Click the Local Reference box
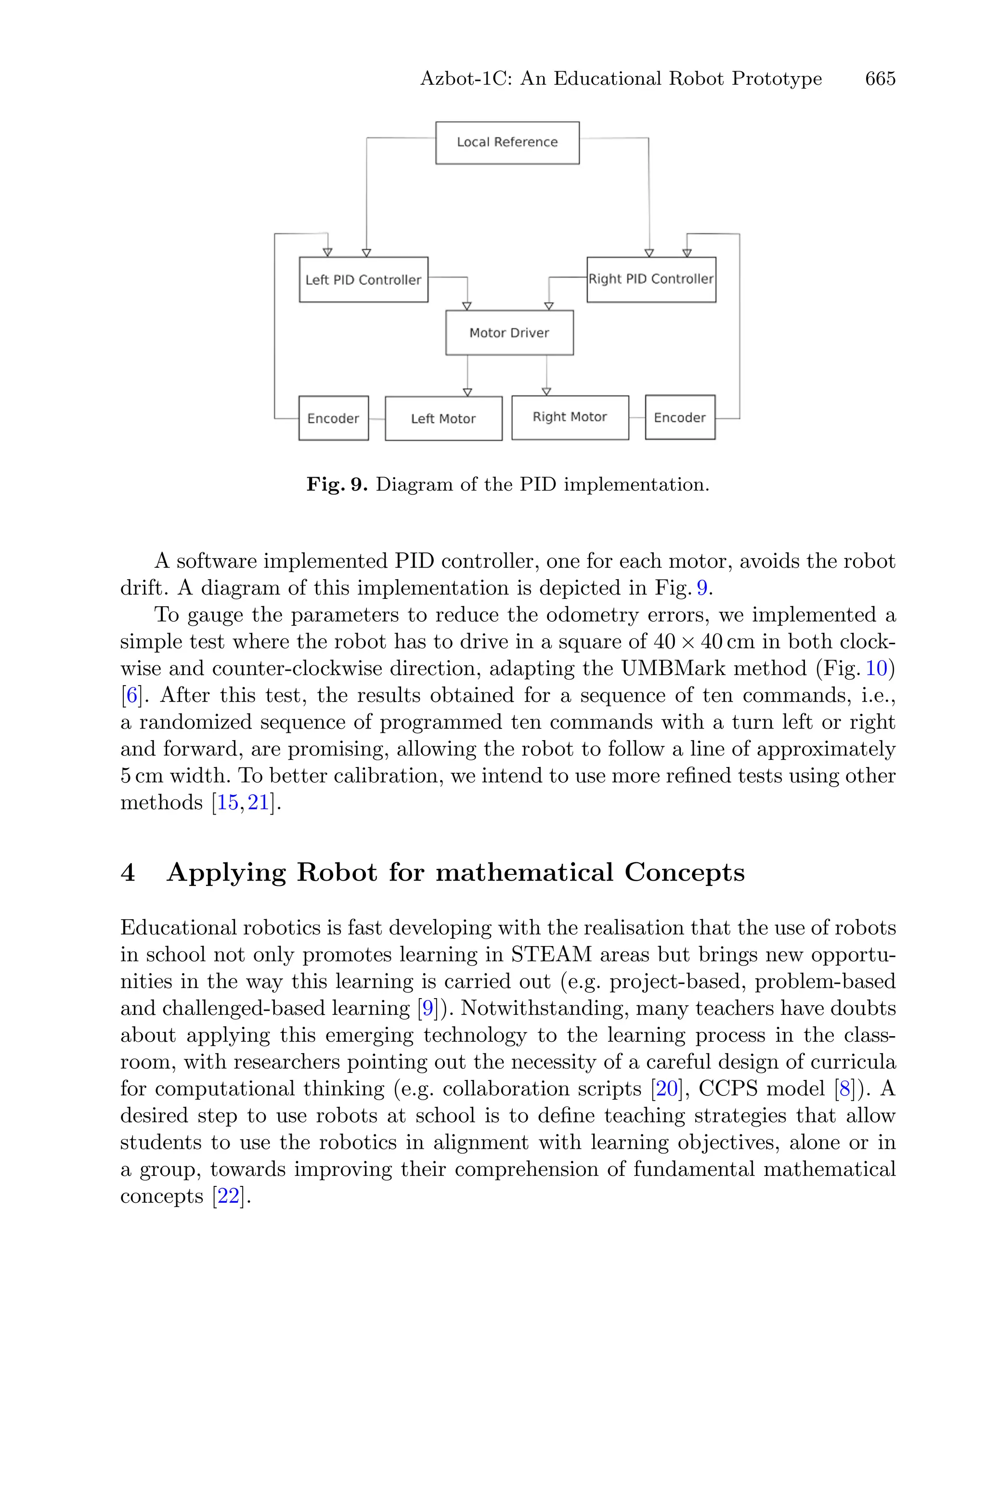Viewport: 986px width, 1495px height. coord(507,143)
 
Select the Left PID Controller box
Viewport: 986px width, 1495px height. coord(363,280)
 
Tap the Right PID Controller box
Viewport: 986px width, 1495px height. coord(651,279)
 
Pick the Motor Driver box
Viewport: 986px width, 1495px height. coord(509,333)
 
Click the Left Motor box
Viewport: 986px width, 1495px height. coord(443,419)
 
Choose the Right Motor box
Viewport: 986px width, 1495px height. coord(570,417)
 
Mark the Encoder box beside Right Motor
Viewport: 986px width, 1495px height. coord(680,417)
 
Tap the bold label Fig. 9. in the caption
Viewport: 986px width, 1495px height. coord(337,485)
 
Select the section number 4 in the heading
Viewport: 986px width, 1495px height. coord(128,872)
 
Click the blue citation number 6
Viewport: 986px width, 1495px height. coord(131,695)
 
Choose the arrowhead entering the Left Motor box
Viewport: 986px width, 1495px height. coord(467,392)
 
